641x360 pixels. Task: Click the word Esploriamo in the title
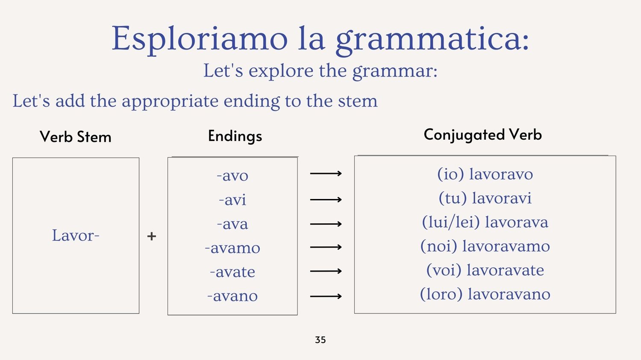[200, 39]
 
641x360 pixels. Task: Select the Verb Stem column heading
[76, 137]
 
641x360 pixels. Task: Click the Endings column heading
[235, 136]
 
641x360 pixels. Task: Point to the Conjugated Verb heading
[483, 135]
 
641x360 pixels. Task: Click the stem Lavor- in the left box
[76, 235]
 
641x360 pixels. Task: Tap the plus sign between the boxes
[152, 237]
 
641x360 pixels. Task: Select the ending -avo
[232, 176]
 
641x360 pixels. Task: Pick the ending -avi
[232, 200]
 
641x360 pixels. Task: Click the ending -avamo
[232, 248]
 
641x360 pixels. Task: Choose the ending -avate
[232, 272]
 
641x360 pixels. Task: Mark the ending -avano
[232, 296]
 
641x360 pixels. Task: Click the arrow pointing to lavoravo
[326, 173]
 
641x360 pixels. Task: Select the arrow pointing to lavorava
[326, 224]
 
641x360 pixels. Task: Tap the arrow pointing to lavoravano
[326, 296]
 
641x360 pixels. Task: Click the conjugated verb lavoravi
[502, 198]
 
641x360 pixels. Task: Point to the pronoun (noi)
[439, 246]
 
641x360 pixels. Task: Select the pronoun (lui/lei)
[451, 222]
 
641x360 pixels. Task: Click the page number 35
[320, 340]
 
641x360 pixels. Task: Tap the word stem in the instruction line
[358, 101]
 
